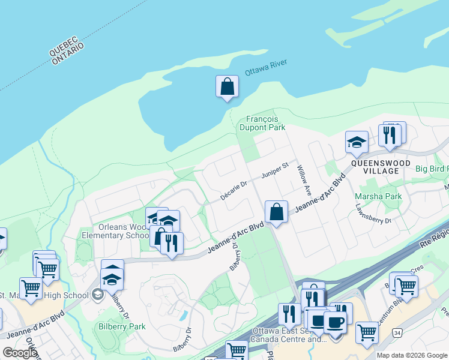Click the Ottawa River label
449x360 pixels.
tap(266, 68)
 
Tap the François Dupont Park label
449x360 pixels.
tap(262, 123)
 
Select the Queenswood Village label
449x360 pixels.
tap(381, 167)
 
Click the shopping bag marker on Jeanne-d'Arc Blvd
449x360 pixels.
tap(276, 212)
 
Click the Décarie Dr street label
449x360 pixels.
tap(233, 187)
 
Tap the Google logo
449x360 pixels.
tap(19, 353)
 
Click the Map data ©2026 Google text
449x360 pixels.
tap(412, 355)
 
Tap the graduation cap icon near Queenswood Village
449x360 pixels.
tap(357, 143)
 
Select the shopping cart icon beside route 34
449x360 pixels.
tap(366, 331)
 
